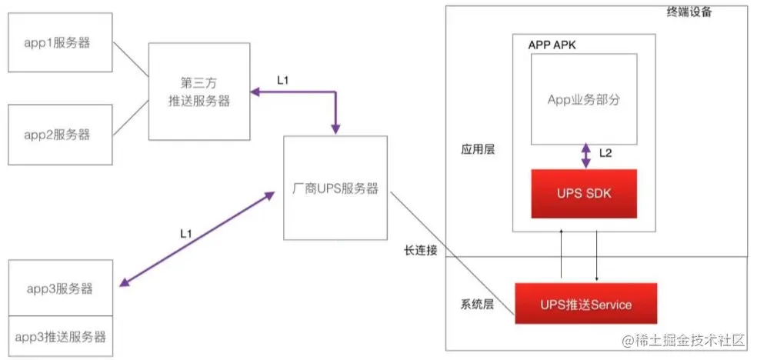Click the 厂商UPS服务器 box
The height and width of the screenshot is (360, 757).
click(x=336, y=188)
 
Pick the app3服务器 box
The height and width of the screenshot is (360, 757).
click(x=60, y=288)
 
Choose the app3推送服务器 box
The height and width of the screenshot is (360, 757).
click(x=60, y=336)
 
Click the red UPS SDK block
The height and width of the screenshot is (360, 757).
click(x=583, y=193)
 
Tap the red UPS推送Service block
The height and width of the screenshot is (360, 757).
click(x=585, y=305)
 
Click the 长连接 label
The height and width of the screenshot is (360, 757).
click(x=420, y=251)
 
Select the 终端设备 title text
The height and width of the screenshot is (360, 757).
click(x=690, y=12)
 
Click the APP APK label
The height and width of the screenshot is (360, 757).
click(x=552, y=45)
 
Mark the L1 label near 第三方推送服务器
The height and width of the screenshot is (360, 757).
click(x=283, y=80)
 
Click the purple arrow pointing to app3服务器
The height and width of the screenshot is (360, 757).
click(x=197, y=238)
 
